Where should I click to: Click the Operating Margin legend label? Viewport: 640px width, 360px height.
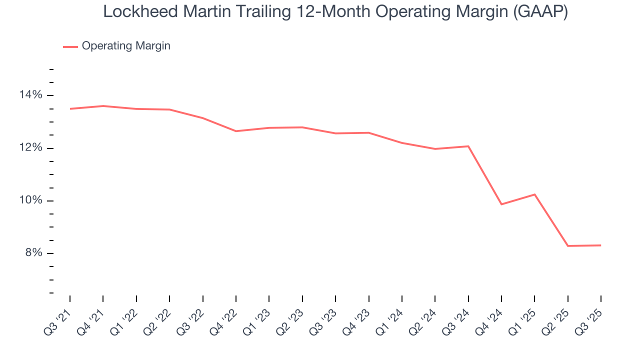click(126, 46)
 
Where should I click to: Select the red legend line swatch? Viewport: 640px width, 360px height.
click(70, 46)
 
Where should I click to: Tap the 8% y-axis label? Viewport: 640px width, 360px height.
click(34, 253)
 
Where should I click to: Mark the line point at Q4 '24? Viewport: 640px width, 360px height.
click(501, 204)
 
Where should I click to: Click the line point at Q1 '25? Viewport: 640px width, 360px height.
click(534, 194)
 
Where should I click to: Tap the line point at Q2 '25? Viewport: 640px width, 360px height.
click(568, 246)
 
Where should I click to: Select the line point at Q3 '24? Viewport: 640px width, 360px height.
click(468, 146)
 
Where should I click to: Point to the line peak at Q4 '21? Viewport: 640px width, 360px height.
click(103, 106)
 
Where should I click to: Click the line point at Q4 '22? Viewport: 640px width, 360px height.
click(236, 131)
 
